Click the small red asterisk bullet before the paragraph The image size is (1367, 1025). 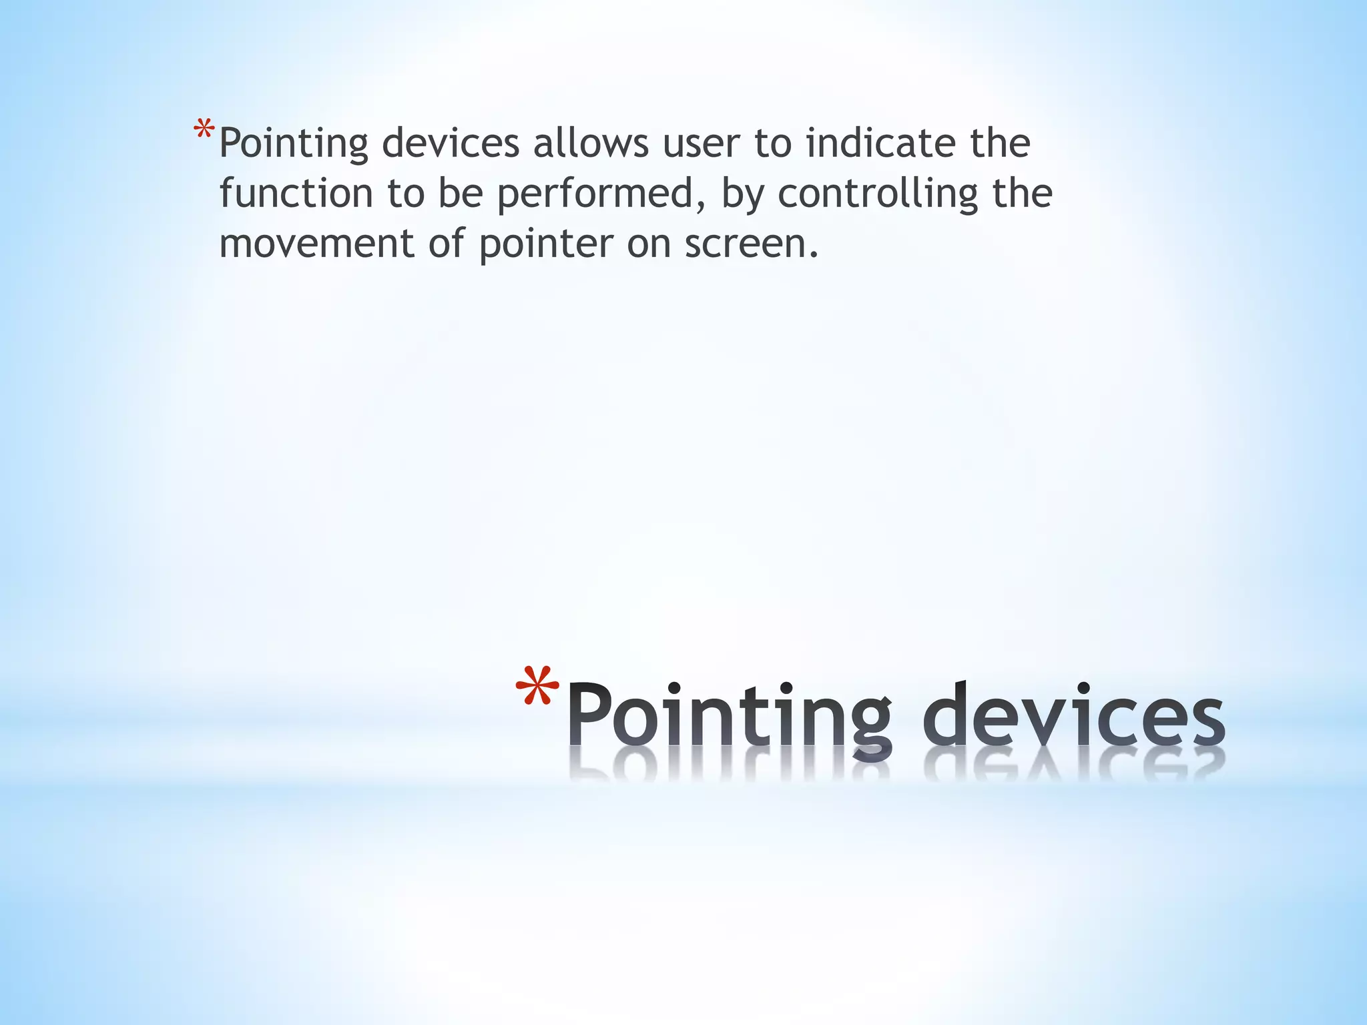tap(204, 129)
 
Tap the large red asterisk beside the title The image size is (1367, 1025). tap(537, 689)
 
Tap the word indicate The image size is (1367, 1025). tap(880, 143)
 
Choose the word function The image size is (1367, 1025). tap(296, 193)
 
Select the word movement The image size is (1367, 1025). tap(316, 244)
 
